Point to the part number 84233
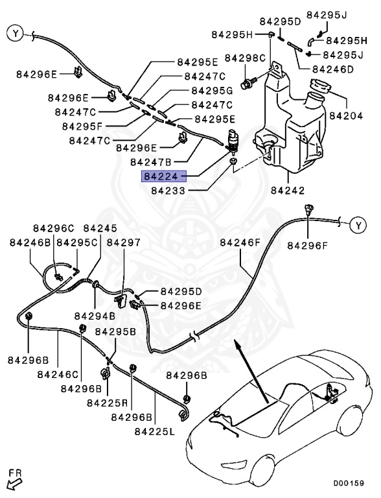(168, 191)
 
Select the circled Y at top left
(15, 32)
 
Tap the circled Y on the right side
(358, 226)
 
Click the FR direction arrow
(13, 480)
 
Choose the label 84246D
(332, 69)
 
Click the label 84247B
(133, 161)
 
